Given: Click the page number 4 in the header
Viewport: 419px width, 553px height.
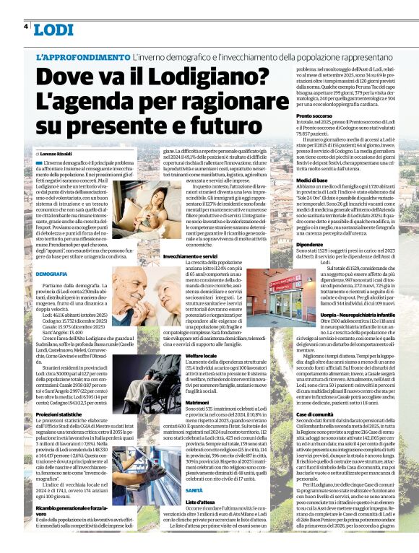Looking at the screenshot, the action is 26,27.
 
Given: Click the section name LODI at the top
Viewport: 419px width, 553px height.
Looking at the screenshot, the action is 53,30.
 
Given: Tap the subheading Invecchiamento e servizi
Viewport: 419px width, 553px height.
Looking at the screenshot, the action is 193,256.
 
